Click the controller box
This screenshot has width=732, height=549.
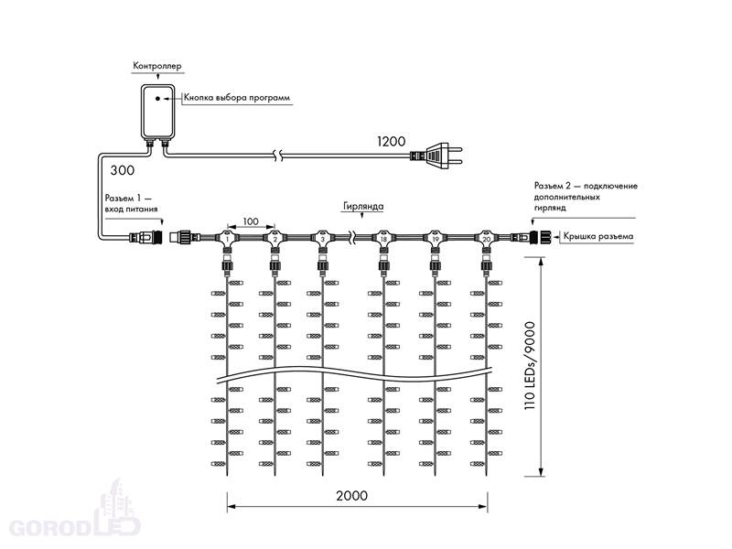click(x=157, y=111)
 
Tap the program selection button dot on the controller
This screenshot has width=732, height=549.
click(x=157, y=99)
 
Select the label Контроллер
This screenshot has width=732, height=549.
click(x=156, y=66)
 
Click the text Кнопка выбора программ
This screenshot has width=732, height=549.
click(x=237, y=98)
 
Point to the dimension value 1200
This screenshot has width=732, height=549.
click(x=392, y=142)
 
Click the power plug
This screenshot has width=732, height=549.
click(x=436, y=156)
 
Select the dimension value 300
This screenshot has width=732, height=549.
click(x=123, y=170)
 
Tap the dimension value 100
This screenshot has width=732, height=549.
click(x=251, y=221)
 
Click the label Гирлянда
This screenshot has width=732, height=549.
click(x=363, y=206)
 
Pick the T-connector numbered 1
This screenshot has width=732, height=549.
click(x=227, y=238)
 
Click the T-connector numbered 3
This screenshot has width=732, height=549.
click(x=322, y=238)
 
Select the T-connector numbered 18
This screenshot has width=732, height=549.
click(x=383, y=238)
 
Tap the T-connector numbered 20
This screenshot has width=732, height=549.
click(x=487, y=238)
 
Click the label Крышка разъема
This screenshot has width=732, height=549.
click(x=598, y=236)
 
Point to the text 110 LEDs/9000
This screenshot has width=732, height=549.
click(x=530, y=366)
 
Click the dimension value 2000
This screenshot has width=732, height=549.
click(x=351, y=495)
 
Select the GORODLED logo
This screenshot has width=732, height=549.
click(x=75, y=513)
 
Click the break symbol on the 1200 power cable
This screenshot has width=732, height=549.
click(x=278, y=156)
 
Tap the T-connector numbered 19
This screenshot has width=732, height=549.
click(x=436, y=238)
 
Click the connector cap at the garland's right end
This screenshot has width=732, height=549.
click(x=544, y=237)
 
